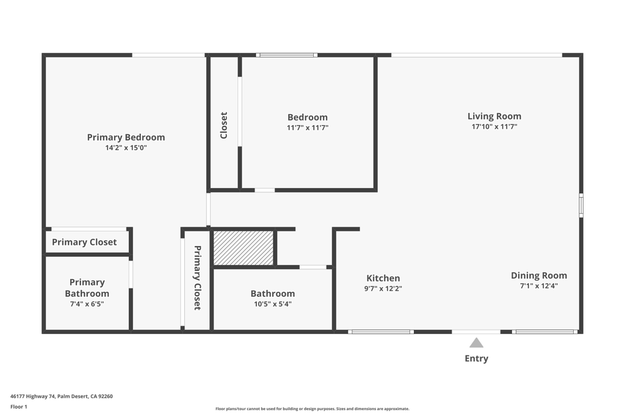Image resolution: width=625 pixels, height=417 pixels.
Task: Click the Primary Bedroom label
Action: pos(126,137)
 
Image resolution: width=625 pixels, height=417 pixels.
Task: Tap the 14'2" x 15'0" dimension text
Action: pos(126,148)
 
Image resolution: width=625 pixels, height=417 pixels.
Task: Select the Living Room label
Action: pos(494,116)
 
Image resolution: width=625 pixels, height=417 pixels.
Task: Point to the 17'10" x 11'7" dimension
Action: pos(494,127)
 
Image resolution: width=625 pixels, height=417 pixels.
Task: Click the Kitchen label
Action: pos(383,278)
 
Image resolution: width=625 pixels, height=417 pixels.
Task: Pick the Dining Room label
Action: pos(539,275)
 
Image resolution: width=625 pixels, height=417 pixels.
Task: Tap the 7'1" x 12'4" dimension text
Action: pos(539,286)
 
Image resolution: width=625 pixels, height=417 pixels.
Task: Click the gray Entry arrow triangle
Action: pos(476,343)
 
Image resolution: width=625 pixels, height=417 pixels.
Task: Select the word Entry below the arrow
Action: pos(476,358)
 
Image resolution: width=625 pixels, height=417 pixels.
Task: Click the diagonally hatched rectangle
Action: pos(243,248)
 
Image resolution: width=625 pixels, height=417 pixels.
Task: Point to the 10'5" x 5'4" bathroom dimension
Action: pos(272,304)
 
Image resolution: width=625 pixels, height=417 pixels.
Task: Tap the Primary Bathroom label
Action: pos(87,288)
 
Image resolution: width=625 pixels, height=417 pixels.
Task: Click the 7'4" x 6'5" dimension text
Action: pos(87,303)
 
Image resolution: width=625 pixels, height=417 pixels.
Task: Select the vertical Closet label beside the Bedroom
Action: pos(224,125)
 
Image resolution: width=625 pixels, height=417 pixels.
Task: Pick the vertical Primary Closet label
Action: pos(197,278)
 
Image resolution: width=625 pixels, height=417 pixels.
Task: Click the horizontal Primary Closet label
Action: pos(84,242)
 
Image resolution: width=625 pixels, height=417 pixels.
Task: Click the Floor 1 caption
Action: pos(19,407)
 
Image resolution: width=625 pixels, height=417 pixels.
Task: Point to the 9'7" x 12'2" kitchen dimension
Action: pos(383,289)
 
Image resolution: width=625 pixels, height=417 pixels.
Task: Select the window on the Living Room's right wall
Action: pos(581,205)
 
